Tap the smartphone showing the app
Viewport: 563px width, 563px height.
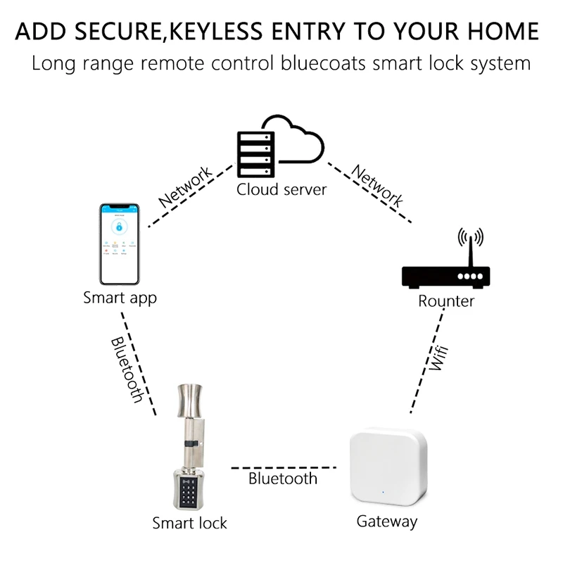120,243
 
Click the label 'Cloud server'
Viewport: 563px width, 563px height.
281,189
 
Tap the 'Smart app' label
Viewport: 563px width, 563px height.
120,297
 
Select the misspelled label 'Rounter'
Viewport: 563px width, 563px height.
446,301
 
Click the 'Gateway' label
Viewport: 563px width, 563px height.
386,521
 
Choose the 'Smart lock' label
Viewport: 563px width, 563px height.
189,523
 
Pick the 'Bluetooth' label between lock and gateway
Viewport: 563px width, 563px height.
283,479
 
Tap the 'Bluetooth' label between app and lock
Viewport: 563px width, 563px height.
127,369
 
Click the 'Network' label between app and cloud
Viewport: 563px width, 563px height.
185,186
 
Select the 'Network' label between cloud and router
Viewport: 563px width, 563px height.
377,185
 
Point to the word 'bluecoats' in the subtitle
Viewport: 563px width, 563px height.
324,63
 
